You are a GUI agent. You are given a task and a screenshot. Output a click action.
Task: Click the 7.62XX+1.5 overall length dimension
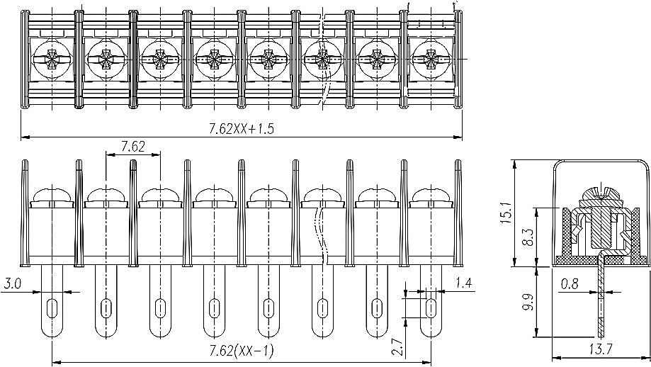241,129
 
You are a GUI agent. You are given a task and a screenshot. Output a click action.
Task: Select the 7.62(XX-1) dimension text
241,351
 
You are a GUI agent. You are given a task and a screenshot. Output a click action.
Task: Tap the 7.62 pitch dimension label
133,147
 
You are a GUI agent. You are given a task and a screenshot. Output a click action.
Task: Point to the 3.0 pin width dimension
11,284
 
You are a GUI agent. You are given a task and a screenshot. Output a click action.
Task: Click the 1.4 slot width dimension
463,283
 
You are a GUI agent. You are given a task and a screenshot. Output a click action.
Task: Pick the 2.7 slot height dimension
397,347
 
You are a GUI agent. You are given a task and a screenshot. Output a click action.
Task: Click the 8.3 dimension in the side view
528,237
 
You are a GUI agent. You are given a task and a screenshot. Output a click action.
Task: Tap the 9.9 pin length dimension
528,302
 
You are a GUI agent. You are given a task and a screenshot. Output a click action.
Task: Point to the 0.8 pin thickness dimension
570,284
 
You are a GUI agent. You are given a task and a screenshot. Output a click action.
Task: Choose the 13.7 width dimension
600,349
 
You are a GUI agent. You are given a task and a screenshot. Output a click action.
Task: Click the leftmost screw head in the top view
52,60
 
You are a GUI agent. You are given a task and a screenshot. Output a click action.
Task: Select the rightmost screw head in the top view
431,60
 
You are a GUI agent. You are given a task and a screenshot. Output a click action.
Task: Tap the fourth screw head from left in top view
214,60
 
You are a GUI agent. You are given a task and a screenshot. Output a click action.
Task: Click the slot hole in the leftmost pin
52,308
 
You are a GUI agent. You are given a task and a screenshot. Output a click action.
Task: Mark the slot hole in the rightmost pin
431,308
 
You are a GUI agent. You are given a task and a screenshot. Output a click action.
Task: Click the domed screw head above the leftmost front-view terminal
52,195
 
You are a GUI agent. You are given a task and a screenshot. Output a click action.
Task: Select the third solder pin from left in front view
160,301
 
